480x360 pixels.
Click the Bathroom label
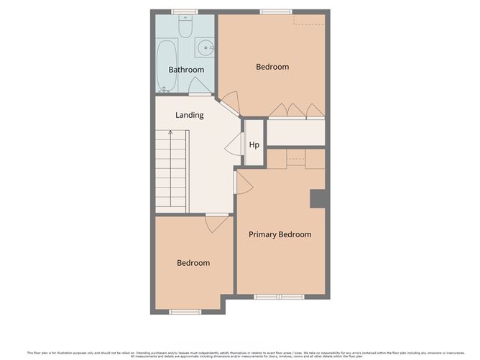186,70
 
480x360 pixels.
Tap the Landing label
190,115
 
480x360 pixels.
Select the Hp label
254,144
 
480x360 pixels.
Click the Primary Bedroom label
280,234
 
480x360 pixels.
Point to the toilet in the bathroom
185,27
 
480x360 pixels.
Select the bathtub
167,66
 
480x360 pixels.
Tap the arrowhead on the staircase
170,133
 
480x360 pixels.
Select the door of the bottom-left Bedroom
216,224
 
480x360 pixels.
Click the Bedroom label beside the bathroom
272,67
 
